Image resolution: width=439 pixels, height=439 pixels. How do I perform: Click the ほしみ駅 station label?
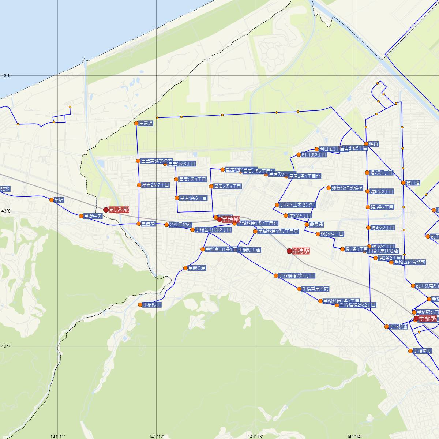(119, 210)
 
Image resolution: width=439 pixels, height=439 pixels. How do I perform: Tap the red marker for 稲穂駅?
(289, 251)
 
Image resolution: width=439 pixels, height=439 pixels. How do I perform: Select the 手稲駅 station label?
(428, 318)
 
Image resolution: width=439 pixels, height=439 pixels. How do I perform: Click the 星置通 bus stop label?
(146, 124)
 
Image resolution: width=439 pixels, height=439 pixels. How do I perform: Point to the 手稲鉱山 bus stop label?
(152, 304)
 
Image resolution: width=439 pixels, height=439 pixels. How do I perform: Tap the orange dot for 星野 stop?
(52, 199)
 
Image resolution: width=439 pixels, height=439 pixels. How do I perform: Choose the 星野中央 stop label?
(93, 216)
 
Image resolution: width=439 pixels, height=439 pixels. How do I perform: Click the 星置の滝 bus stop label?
(197, 268)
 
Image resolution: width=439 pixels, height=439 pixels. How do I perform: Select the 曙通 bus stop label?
(374, 144)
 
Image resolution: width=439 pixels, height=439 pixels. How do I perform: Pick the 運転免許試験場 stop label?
(347, 188)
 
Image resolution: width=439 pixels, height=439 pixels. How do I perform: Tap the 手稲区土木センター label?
(297, 205)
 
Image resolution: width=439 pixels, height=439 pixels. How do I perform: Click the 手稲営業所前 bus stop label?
(315, 289)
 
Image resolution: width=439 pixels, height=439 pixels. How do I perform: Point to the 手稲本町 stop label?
(422, 350)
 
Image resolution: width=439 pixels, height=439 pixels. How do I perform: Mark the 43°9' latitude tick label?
(6, 76)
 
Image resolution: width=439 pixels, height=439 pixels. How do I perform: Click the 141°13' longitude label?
(255, 436)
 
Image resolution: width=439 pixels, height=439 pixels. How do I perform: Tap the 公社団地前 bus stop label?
(180, 225)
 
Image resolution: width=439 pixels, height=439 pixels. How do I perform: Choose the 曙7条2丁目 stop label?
(381, 172)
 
